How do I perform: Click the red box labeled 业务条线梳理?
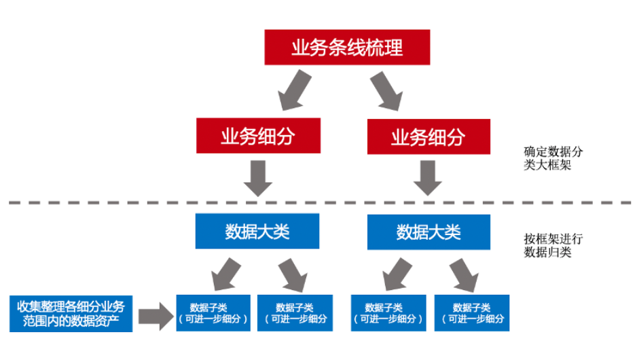[x=347, y=48]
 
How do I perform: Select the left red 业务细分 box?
[x=257, y=137]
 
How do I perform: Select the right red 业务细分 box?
[x=428, y=137]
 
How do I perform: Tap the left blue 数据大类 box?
[x=257, y=232]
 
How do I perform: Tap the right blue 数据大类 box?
[x=428, y=232]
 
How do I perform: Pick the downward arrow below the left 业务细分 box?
[x=257, y=178]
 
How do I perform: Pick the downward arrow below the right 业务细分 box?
[x=428, y=178]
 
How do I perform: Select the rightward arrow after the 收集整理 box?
[x=156, y=315]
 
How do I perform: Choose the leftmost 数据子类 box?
[x=213, y=313]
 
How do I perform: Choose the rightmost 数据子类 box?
[x=472, y=313]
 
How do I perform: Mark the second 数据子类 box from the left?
[x=295, y=313]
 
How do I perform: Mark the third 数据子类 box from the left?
[x=388, y=313]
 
